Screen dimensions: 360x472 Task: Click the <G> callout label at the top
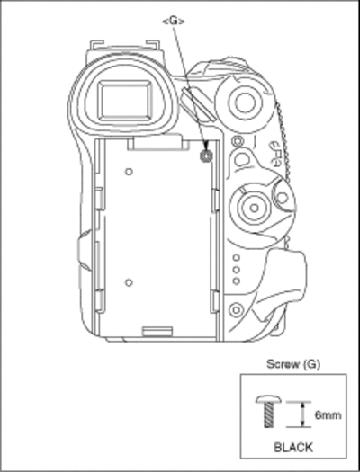pyautogui.click(x=174, y=21)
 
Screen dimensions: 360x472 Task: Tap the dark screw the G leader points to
pyautogui.click(x=206, y=156)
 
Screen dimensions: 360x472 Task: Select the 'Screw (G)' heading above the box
pyautogui.click(x=293, y=364)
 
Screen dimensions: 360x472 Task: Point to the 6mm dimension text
pyautogui.click(x=328, y=415)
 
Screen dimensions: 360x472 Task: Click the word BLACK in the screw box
pyautogui.click(x=293, y=448)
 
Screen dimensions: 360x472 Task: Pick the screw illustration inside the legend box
pyautogui.click(x=268, y=412)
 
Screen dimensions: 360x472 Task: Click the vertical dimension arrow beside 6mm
pyautogui.click(x=303, y=414)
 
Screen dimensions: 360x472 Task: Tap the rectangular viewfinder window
pyautogui.click(x=125, y=101)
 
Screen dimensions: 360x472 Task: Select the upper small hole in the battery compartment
pyautogui.click(x=129, y=172)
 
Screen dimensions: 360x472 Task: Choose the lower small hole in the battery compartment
pyautogui.click(x=129, y=282)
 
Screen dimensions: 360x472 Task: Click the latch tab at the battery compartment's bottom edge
pyautogui.click(x=157, y=331)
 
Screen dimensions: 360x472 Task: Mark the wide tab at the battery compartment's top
pyautogui.click(x=157, y=143)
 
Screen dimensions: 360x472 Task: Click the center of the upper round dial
pyautogui.click(x=245, y=102)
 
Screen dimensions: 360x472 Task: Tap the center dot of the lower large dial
pyautogui.click(x=255, y=208)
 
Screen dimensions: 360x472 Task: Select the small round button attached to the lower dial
pyautogui.click(x=283, y=198)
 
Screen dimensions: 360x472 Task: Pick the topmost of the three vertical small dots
pyautogui.click(x=237, y=258)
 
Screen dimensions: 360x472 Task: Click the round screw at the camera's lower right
pyautogui.click(x=236, y=309)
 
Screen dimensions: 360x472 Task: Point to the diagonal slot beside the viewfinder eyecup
pyautogui.click(x=198, y=104)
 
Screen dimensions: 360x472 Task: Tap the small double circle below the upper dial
pyautogui.click(x=237, y=140)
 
